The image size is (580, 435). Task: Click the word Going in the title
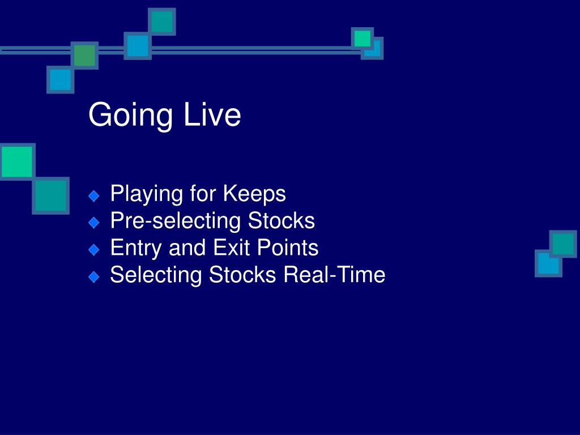tap(131, 116)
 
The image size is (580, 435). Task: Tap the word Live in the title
tap(212, 114)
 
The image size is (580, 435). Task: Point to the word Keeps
tap(254, 194)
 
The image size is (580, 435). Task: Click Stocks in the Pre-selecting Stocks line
tap(281, 220)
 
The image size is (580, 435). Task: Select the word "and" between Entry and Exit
tap(187, 248)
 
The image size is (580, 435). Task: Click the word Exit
tap(232, 248)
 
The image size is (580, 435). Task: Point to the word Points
tap(287, 248)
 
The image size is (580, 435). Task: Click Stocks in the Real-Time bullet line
tap(242, 275)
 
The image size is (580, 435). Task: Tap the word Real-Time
tap(334, 275)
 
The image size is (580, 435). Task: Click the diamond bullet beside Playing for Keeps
tap(95, 196)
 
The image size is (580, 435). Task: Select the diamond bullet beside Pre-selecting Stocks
tap(95, 223)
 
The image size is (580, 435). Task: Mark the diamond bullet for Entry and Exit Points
tap(95, 250)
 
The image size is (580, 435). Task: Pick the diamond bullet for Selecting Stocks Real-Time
tap(95, 276)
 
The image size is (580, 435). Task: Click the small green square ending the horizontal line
tap(362, 39)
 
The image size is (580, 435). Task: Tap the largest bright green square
tap(18, 161)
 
